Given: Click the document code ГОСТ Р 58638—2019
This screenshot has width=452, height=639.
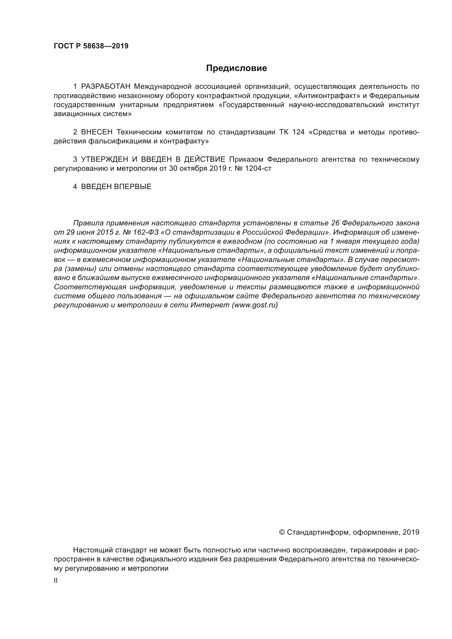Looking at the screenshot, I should pos(91,46).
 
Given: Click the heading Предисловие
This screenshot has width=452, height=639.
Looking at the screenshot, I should pos(236,68).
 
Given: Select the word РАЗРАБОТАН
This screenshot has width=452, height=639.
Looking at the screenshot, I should pos(106,87).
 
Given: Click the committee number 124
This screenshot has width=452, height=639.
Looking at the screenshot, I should pos(298,132).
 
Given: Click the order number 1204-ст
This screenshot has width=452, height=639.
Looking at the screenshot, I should pos(258,168).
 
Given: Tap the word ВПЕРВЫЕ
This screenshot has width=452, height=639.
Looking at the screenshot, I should pos(133,187).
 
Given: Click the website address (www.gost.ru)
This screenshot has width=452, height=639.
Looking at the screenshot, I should pos(255,305).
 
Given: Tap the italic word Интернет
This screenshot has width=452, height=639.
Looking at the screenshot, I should pos(210,305).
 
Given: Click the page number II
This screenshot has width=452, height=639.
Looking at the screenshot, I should pos(56,580).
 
